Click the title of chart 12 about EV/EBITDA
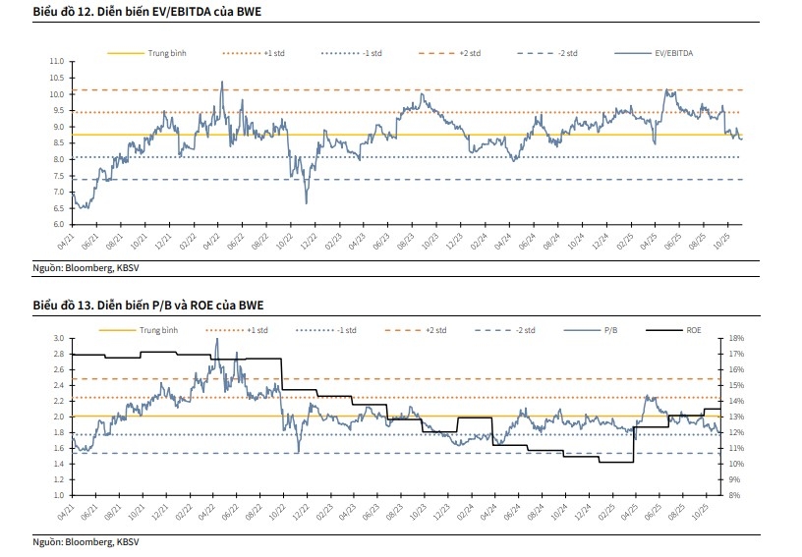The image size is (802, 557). click(140, 12)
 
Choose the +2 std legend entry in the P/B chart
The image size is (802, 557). click(433, 330)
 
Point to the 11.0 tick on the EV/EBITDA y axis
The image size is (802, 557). click(57, 62)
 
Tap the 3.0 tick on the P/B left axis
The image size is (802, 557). click(57, 338)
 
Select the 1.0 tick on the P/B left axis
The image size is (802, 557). click(57, 495)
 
